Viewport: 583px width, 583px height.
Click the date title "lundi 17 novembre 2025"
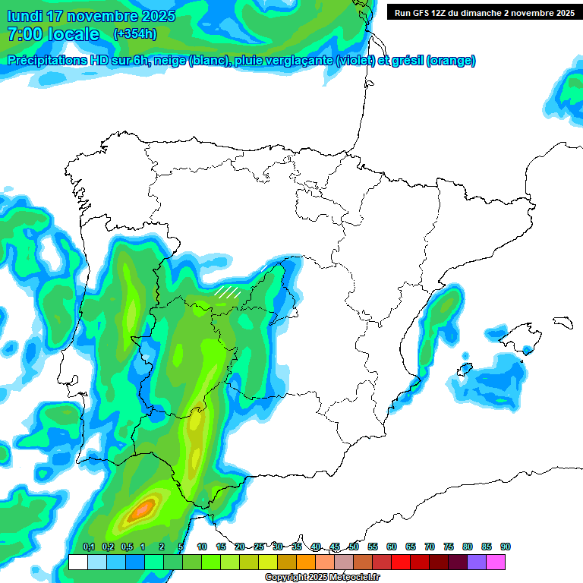[x=90, y=16]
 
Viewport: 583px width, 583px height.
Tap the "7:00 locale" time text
[x=53, y=34]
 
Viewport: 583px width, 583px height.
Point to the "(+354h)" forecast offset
[x=135, y=34]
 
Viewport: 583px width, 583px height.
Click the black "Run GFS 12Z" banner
[x=484, y=12]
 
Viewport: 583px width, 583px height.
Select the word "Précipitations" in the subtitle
[x=47, y=61]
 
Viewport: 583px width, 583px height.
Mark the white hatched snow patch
[x=226, y=291]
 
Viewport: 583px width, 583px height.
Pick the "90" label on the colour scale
[x=505, y=547]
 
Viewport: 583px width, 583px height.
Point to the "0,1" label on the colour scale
[x=88, y=547]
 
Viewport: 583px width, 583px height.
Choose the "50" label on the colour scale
[x=354, y=547]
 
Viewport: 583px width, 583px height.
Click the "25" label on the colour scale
[x=259, y=547]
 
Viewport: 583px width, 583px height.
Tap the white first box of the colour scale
[x=78, y=562]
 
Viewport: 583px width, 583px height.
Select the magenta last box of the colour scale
[x=496, y=562]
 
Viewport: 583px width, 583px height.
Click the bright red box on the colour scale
[x=401, y=562]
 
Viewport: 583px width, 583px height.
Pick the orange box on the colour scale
[x=306, y=562]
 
